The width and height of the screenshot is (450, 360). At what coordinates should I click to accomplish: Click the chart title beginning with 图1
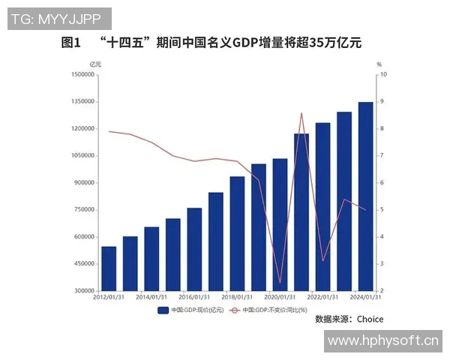pyautogui.click(x=211, y=43)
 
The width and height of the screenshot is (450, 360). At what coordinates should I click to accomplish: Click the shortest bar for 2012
pyautogui.click(x=109, y=268)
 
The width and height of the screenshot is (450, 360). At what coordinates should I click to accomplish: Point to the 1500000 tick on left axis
pyautogui.click(x=81, y=74)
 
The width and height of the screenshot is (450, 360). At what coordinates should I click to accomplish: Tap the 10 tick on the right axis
pyautogui.click(x=384, y=74)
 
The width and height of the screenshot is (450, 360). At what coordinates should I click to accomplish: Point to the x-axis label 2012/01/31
pyautogui.click(x=108, y=297)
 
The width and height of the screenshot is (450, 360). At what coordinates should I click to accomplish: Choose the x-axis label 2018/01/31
pyautogui.click(x=237, y=297)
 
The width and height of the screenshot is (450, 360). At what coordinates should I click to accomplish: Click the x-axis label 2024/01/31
pyautogui.click(x=365, y=297)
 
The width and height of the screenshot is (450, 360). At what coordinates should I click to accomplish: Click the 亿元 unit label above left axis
pyautogui.click(x=94, y=63)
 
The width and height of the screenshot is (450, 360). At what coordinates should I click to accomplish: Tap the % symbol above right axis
pyautogui.click(x=379, y=63)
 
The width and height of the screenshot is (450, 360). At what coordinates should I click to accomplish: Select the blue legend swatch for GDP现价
pyautogui.click(x=163, y=309)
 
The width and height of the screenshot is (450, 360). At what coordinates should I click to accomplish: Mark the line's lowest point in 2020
pyautogui.click(x=280, y=283)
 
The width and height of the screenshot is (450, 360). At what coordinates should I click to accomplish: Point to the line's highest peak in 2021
pyautogui.click(x=301, y=113)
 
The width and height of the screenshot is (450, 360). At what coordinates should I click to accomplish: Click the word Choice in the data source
pyautogui.click(x=370, y=319)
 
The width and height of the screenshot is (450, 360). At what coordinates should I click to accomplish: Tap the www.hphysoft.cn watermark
pyautogui.click(x=382, y=341)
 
